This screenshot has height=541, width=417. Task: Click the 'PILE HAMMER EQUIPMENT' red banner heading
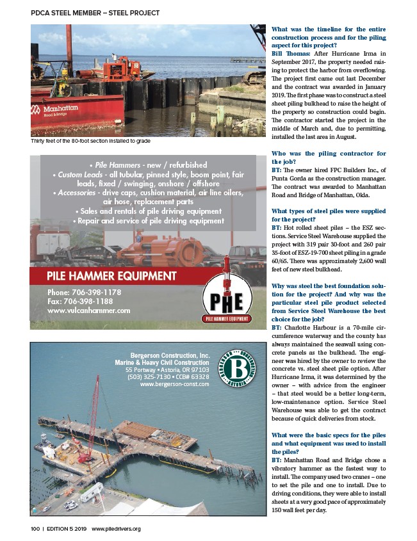[111, 276]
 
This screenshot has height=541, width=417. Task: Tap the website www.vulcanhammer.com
[89, 310]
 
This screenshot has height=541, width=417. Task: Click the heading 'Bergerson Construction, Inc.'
[170, 355]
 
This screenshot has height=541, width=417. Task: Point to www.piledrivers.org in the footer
[116, 528]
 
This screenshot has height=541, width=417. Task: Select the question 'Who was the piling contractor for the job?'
[329, 157]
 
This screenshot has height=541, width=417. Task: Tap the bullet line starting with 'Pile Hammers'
[143, 165]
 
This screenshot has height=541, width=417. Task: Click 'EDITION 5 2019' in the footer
[65, 528]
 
